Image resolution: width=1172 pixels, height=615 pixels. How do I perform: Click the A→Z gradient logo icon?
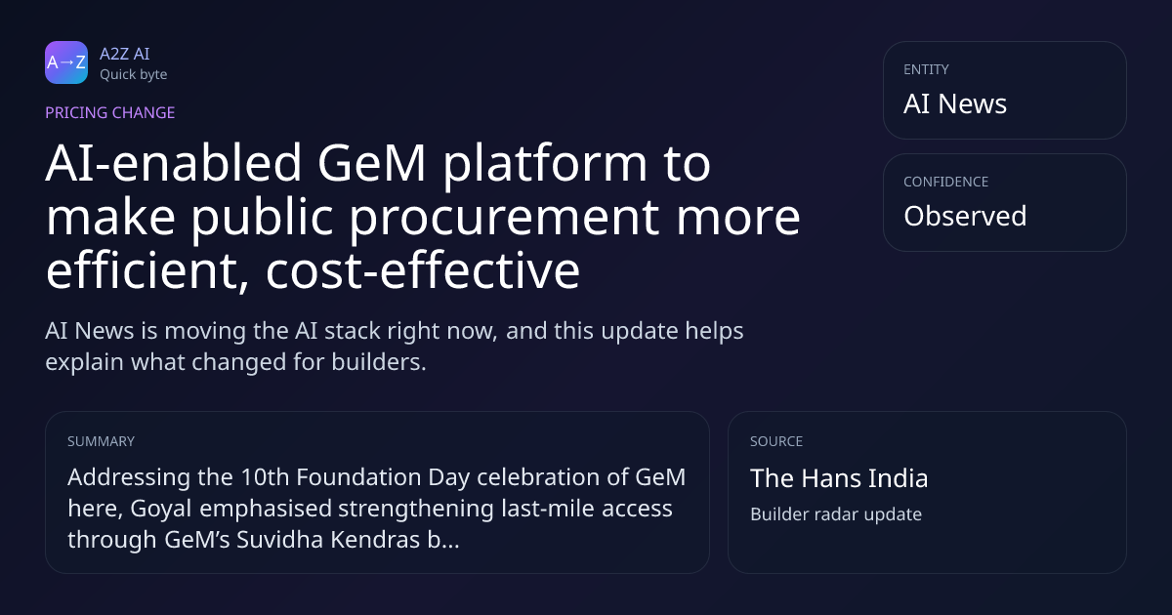[x=66, y=62]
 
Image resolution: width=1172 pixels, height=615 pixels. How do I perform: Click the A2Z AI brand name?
[x=125, y=54]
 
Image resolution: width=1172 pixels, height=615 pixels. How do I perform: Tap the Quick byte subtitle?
[x=134, y=75]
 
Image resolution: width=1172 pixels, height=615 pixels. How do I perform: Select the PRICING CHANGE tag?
[x=109, y=113]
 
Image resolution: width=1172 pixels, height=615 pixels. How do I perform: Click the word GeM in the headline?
[x=371, y=163]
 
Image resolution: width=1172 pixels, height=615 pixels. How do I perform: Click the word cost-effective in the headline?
[x=423, y=271]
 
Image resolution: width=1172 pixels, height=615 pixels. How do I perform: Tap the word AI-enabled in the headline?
[x=174, y=163]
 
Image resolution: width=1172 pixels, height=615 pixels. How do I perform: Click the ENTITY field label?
[x=926, y=69]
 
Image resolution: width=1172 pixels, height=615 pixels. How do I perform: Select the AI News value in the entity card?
[x=955, y=103]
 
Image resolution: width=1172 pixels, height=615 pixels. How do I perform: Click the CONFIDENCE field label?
[x=946, y=182]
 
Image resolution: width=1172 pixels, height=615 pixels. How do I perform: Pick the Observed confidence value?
[x=965, y=216]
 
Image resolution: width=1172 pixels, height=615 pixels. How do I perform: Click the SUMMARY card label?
[x=101, y=441]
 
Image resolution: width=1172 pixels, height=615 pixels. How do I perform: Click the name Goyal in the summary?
[x=161, y=509]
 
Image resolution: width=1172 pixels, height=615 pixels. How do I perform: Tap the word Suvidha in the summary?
[x=280, y=540]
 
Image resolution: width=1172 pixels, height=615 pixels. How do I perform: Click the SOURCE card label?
[x=776, y=441]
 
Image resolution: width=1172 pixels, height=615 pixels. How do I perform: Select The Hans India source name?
[x=839, y=478]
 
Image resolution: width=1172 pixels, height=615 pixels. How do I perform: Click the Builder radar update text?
[x=836, y=514]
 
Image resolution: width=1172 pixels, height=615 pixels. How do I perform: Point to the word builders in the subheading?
[x=379, y=362]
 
